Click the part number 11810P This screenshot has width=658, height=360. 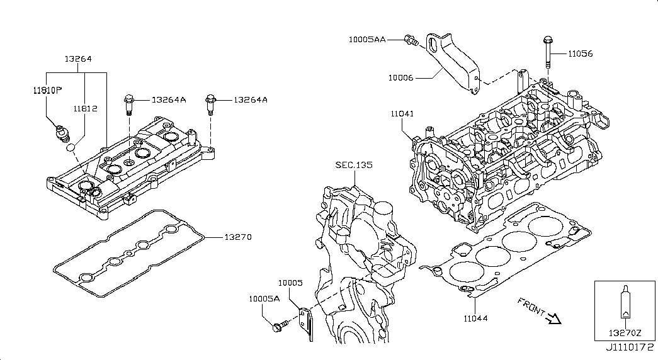tap(47, 90)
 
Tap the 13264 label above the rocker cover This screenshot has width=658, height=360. tap(78, 59)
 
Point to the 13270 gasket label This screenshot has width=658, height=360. tap(239, 237)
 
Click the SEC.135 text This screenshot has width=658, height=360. tap(354, 165)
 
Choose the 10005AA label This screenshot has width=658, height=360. tap(368, 39)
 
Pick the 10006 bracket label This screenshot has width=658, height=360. tap(401, 78)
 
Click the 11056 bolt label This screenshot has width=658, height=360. tap(580, 54)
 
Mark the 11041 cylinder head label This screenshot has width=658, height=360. tap(402, 113)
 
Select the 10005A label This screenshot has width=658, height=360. tap(264, 299)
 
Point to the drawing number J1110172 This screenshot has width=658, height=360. tap(629, 347)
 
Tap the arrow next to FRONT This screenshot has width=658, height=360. tap(553, 318)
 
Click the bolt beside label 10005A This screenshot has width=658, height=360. tap(278, 326)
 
